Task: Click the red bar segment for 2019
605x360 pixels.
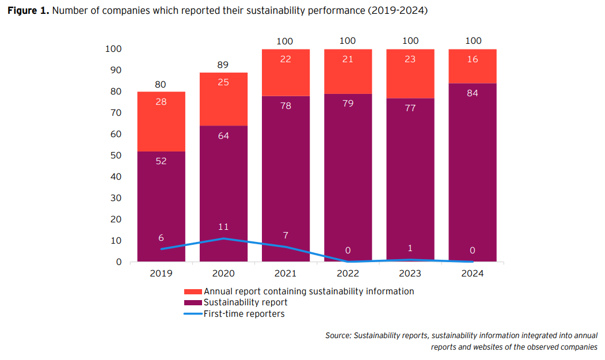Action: pyautogui.click(x=161, y=121)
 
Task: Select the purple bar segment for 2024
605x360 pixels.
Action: pyautogui.click(x=472, y=173)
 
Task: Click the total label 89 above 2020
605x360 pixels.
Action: pyautogui.click(x=223, y=65)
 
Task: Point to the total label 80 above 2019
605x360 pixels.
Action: pyautogui.click(x=161, y=85)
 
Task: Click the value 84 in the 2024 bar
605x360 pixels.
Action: pyautogui.click(x=473, y=93)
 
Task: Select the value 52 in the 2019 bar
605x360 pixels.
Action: pyautogui.click(x=161, y=161)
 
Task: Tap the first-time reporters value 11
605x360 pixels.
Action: pyautogui.click(x=223, y=227)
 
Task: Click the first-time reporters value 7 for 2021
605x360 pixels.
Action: pyautogui.click(x=286, y=235)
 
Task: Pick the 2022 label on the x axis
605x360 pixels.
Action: pyautogui.click(x=348, y=273)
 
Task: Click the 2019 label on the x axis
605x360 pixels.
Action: pyautogui.click(x=161, y=273)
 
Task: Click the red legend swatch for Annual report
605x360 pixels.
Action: pyautogui.click(x=193, y=291)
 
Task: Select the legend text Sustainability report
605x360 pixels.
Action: pyautogui.click(x=245, y=302)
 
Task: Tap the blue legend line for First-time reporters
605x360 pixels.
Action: pyautogui.click(x=193, y=314)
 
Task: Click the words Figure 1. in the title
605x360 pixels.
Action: pyautogui.click(x=28, y=12)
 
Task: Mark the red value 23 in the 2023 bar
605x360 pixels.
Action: pyautogui.click(x=410, y=59)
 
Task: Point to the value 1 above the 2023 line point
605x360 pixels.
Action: pyautogui.click(x=410, y=248)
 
